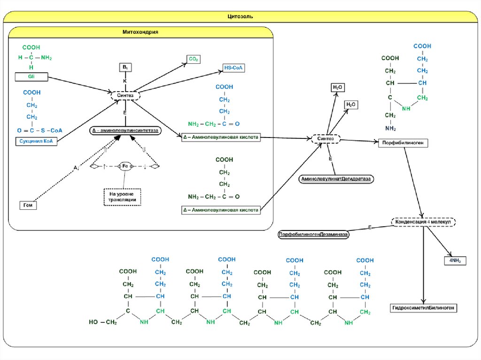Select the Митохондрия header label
coord(140,32)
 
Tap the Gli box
coord(31,76)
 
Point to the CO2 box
coord(193,59)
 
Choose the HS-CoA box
coord(234,69)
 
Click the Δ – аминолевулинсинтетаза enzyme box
coord(125,130)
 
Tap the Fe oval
coord(126,166)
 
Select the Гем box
coord(28,205)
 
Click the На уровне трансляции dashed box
coord(123,196)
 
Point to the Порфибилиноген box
coord(403,143)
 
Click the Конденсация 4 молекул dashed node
coord(423,222)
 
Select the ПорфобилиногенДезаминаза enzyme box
coord(313,234)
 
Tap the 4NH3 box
coord(455,261)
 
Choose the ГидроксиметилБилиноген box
coord(423,308)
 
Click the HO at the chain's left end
coord(93,322)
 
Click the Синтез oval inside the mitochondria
coord(125,95)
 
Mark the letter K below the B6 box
coord(125,81)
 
